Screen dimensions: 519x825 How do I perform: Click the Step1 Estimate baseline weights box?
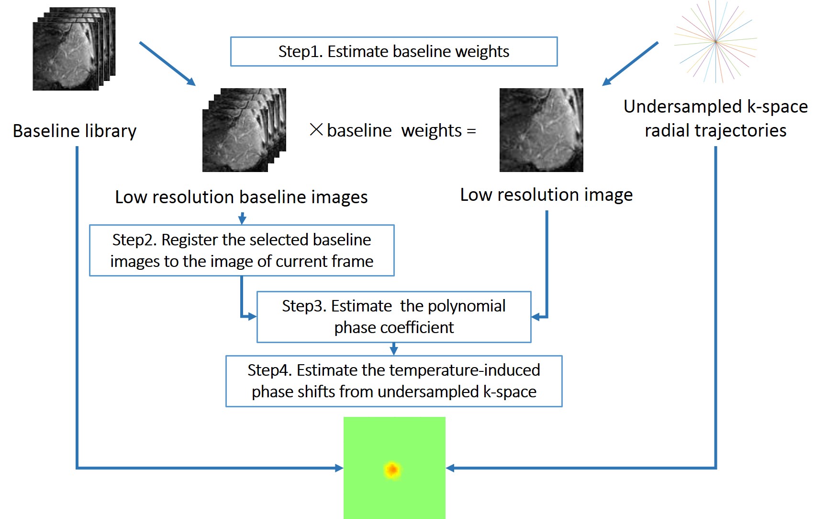coord(393,51)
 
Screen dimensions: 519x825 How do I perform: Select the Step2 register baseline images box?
coord(242,250)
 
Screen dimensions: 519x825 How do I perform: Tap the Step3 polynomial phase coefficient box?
coord(393,317)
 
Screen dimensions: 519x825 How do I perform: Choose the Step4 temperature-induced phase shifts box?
coord(393,381)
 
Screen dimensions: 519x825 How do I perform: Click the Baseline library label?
coord(75,131)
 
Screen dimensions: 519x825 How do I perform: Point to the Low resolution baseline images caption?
coord(241,197)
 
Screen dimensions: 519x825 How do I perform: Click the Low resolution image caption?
coord(546,195)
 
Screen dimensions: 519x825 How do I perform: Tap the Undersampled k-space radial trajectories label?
coord(715,118)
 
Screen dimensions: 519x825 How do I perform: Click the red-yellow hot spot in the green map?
coord(392,470)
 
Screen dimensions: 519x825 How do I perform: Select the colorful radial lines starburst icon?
coord(715,42)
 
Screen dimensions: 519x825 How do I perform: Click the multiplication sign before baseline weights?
coord(316,130)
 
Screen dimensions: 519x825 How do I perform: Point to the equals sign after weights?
coord(471,131)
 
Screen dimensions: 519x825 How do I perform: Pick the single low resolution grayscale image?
coord(541,130)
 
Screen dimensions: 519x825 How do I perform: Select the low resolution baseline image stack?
coord(244,130)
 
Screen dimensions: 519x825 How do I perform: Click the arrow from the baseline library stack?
coord(167,63)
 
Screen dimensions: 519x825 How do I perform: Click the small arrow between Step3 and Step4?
coord(394,349)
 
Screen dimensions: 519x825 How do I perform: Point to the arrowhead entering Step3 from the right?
coord(536,317)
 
